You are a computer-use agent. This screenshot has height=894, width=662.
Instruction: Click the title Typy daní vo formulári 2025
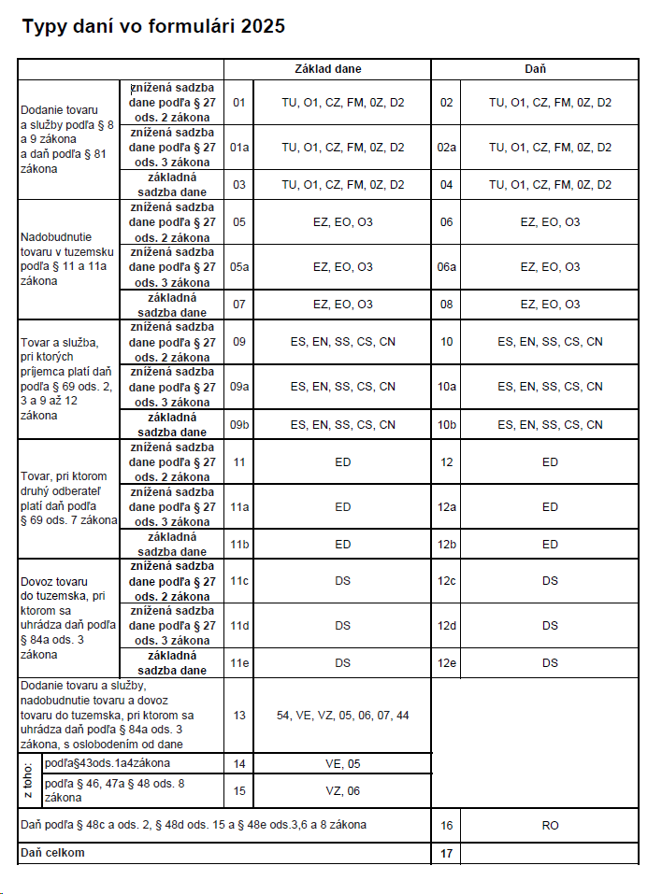point(153,27)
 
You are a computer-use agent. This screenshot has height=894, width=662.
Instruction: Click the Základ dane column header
point(327,69)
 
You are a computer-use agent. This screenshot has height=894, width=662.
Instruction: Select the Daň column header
point(535,69)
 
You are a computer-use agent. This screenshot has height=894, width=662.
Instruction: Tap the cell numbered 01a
point(239,148)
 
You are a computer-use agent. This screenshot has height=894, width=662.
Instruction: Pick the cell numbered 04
point(446,185)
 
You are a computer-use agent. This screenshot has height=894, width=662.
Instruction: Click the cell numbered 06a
point(446,267)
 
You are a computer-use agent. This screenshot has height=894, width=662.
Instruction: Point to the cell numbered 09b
point(239,425)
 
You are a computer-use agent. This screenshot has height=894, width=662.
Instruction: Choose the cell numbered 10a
point(446,387)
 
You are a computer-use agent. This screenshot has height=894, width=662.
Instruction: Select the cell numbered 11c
point(239,581)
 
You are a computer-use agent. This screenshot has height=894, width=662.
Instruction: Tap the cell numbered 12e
point(446,663)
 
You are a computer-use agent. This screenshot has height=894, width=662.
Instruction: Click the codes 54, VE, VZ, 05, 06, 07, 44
point(342,716)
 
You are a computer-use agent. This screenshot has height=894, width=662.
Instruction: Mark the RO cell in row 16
point(550,826)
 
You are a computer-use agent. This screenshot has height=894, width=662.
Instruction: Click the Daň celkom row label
point(52,853)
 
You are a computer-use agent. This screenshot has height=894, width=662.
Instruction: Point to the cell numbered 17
point(446,853)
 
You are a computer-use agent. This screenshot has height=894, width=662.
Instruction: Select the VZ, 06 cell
point(342,790)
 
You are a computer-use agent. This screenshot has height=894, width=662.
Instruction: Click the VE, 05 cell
point(342,763)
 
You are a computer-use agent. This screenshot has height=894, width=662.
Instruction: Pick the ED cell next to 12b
point(550,545)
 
